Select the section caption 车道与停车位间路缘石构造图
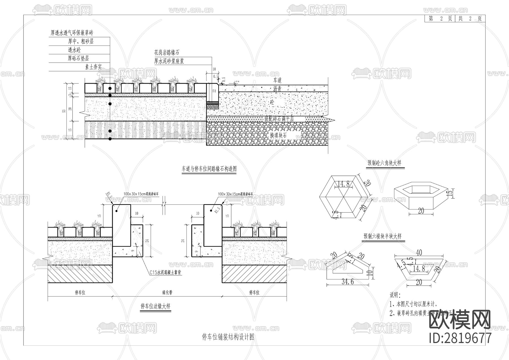(x=209, y=169)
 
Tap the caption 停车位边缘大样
(x=156, y=306)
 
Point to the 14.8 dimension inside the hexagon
(x=343, y=184)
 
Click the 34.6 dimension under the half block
(x=348, y=281)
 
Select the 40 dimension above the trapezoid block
(x=419, y=252)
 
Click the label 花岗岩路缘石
(x=166, y=53)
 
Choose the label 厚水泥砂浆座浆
(x=169, y=61)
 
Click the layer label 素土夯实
(x=93, y=67)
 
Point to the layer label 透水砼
(x=74, y=50)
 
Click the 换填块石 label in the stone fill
(x=278, y=135)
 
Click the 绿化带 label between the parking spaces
(x=167, y=293)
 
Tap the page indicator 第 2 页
(x=440, y=19)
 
